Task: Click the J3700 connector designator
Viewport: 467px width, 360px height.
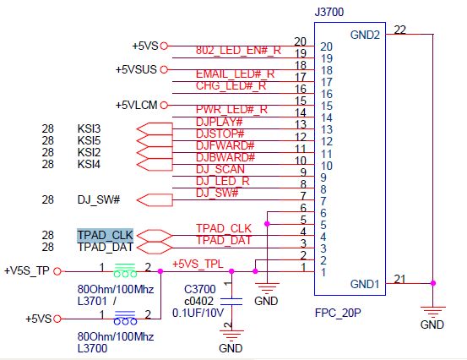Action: pos(329,12)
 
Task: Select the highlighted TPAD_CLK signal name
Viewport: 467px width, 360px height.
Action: pos(105,235)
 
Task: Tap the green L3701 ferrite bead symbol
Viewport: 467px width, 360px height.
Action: pos(125,270)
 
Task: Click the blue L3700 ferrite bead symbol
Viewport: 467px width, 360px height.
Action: pos(125,318)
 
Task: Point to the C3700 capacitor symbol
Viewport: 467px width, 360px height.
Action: pos(231,302)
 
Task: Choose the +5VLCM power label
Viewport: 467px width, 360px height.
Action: pos(137,105)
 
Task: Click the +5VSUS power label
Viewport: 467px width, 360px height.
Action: pos(136,69)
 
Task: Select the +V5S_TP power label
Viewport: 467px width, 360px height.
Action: pos(27,271)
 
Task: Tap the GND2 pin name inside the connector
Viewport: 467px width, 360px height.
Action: pos(365,35)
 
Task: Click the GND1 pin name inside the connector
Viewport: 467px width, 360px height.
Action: pos(365,284)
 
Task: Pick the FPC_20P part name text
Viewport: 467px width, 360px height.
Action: pos(338,313)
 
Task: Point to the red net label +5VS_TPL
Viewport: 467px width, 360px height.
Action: pos(198,264)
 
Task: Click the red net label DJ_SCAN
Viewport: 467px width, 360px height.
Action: pos(220,169)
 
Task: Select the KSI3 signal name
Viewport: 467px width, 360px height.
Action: pos(89,128)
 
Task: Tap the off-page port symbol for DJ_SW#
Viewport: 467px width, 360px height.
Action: pos(155,200)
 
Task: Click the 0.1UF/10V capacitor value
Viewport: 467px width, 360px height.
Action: pos(198,313)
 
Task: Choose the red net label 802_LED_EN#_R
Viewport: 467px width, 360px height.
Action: pos(238,51)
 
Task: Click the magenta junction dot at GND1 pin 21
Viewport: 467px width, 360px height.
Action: pos(433,283)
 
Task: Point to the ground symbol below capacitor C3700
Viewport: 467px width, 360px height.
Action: pos(231,335)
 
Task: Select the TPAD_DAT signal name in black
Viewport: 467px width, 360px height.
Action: pos(105,247)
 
